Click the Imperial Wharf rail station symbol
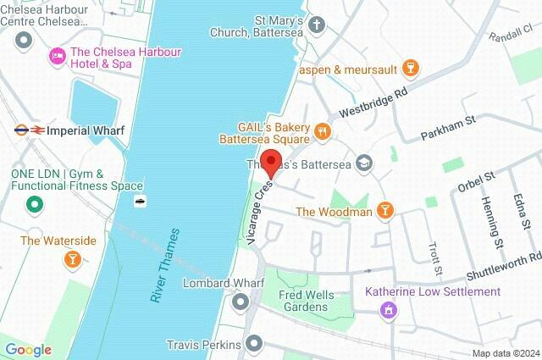point(30,130)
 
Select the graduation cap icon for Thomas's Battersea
point(364,163)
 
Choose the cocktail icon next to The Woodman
point(385,210)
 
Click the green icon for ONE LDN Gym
point(35,203)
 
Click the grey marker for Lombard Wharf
point(241,301)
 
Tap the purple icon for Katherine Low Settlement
point(389,310)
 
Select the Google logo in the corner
point(28,350)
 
